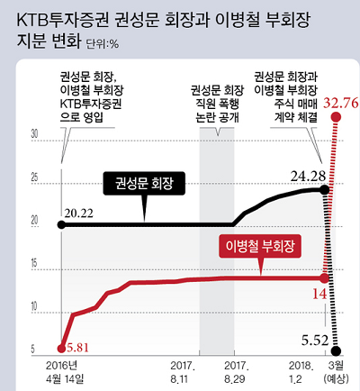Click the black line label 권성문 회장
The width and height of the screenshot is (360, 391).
point(143,184)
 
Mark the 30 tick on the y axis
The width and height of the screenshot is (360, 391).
point(34,133)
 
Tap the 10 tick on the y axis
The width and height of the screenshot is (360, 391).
point(34,306)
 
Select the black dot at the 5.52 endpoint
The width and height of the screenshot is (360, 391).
point(336,350)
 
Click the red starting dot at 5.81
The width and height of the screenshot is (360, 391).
point(60,347)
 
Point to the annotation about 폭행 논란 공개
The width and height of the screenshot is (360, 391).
point(216,103)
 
